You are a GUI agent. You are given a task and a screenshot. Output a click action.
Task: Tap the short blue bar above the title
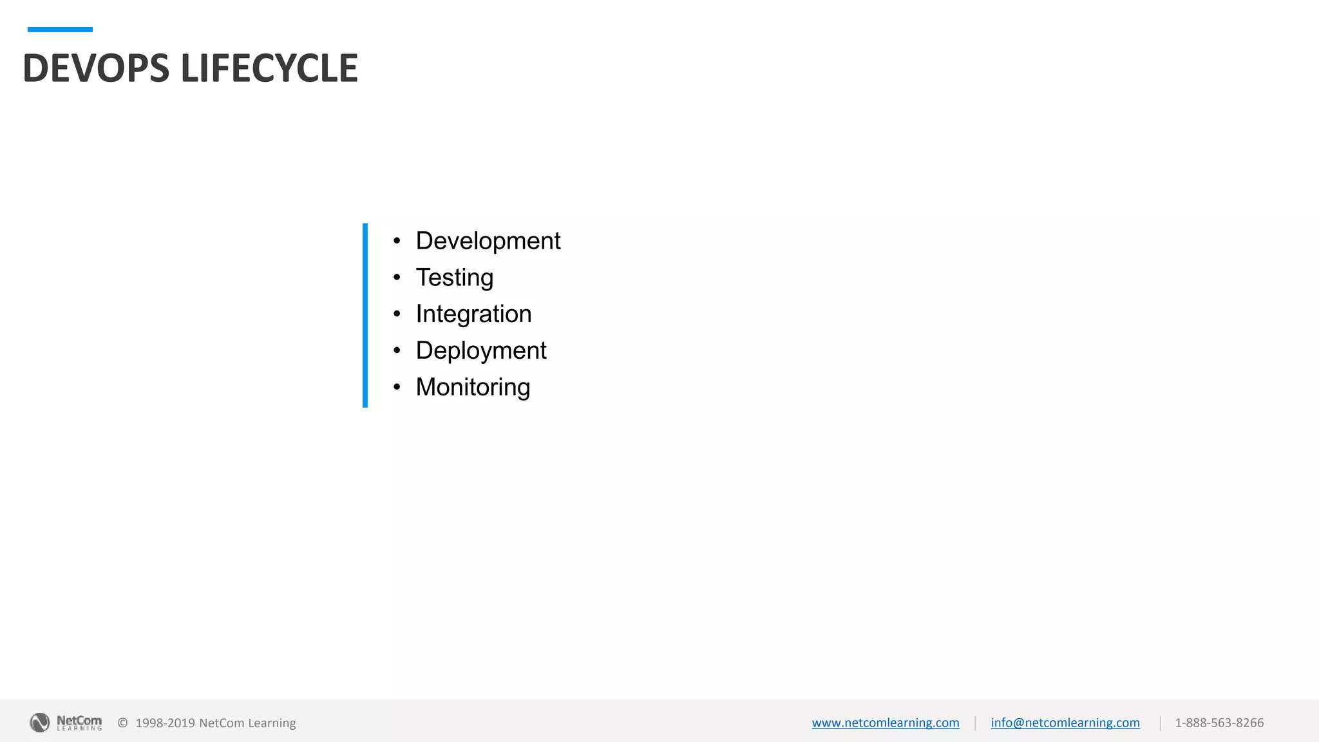tap(60, 30)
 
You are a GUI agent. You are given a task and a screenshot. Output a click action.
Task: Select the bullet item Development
tap(488, 241)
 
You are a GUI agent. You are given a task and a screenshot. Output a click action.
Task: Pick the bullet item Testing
tap(454, 278)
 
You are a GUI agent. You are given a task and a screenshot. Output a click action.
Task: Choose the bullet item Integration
tap(473, 314)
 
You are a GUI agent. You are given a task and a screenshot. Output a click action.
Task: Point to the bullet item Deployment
tap(480, 351)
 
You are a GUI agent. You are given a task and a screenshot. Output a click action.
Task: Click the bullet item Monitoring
tap(473, 387)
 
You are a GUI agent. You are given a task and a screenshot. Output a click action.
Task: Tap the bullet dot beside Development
tap(397, 241)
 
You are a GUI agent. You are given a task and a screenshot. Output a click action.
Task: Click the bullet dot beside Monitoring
tap(397, 387)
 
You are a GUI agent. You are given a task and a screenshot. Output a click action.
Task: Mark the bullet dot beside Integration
tap(397, 314)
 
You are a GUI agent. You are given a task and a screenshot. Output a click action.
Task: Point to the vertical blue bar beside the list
tap(365, 315)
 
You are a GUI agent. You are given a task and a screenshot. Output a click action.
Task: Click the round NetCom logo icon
tap(40, 723)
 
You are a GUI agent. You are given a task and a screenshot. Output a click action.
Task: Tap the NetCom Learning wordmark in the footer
tap(79, 723)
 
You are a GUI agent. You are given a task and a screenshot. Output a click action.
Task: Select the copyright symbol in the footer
tap(122, 723)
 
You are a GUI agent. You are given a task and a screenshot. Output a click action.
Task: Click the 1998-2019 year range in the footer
tap(165, 723)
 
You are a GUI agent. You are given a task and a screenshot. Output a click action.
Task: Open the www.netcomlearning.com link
tap(885, 723)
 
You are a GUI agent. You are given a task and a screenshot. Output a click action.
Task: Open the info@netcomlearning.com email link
tap(1065, 723)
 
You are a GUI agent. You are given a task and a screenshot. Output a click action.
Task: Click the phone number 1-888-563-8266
tap(1219, 723)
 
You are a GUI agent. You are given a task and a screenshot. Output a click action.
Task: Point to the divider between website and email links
tap(975, 723)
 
